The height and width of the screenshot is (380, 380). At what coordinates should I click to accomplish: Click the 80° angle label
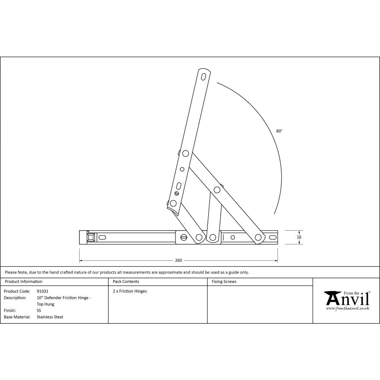[x=279, y=131]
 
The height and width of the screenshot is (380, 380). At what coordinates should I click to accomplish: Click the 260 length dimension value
[x=179, y=260]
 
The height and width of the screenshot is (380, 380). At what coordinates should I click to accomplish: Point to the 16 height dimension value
[x=299, y=237]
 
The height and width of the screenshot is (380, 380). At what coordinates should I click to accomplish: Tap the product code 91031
[x=43, y=291]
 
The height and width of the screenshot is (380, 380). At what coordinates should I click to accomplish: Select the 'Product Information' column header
[x=23, y=282]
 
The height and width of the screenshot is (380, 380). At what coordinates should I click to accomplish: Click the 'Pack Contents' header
[x=126, y=282]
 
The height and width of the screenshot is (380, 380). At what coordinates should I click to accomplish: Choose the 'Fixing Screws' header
[x=224, y=282]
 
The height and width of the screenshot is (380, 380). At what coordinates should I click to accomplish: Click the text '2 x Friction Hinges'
[x=130, y=291]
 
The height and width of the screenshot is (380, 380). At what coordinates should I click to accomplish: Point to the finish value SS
[x=39, y=310]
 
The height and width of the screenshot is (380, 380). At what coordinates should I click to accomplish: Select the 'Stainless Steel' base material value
[x=50, y=317]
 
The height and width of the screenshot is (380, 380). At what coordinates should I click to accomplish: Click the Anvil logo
[x=347, y=299]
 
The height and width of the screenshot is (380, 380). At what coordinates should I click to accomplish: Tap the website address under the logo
[x=347, y=309]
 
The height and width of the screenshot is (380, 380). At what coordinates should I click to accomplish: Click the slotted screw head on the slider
[x=184, y=238]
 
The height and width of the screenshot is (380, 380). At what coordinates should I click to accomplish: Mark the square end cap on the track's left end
[x=91, y=237]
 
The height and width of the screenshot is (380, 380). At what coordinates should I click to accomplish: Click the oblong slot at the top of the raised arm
[x=204, y=76]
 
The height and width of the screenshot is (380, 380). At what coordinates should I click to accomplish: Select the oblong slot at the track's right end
[x=272, y=237]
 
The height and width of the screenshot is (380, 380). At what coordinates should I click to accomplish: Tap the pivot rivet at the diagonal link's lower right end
[x=258, y=237]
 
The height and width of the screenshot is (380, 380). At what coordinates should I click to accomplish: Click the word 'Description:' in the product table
[x=15, y=298]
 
